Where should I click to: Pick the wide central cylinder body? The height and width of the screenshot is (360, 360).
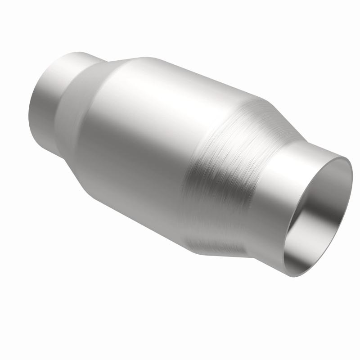pos(144,135)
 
